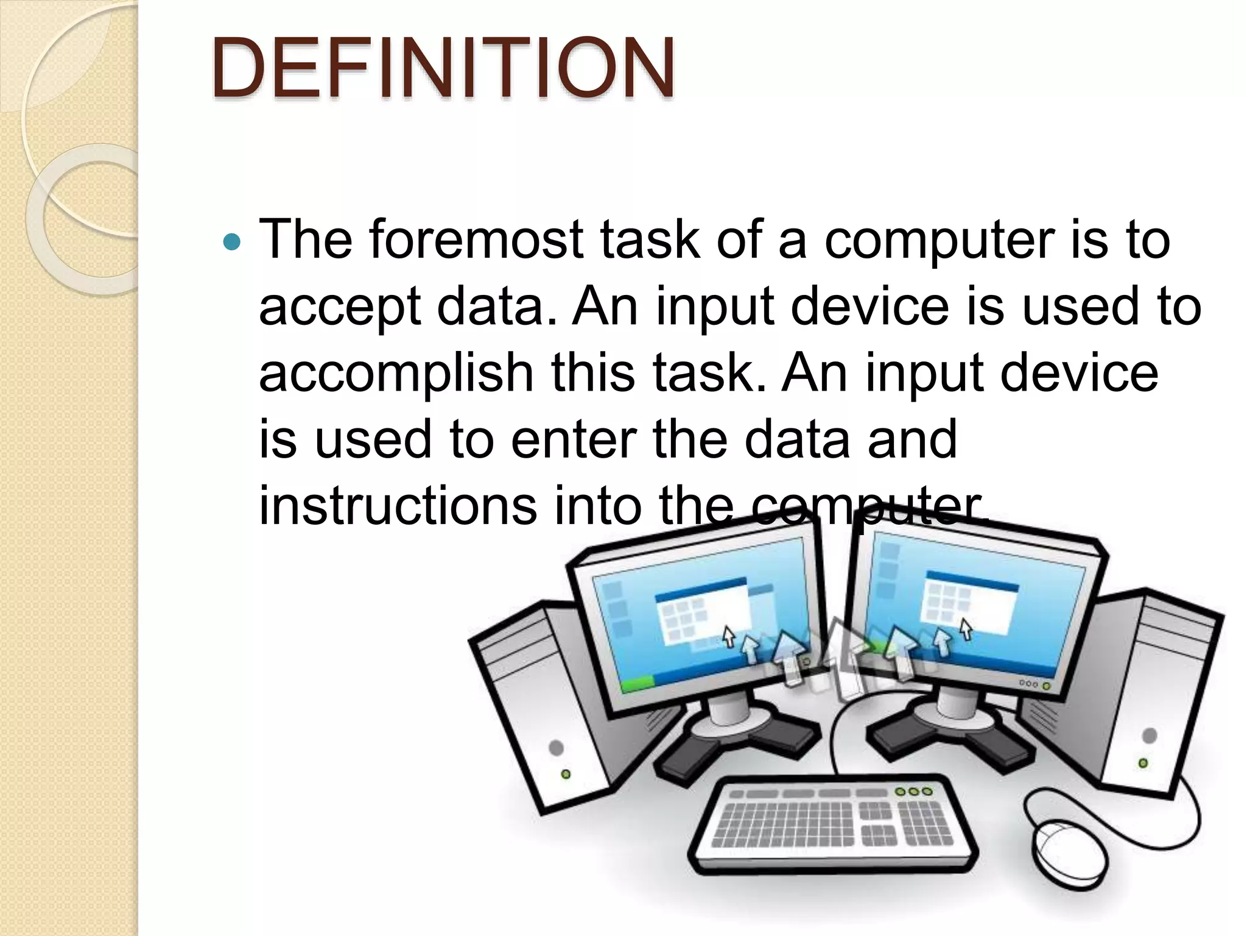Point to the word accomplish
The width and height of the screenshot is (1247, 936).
(396, 374)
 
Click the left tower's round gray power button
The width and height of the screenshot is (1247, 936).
(556, 747)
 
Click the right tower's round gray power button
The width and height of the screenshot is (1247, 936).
(1150, 736)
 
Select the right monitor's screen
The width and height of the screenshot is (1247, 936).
(968, 615)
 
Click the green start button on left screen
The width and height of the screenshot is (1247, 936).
(636, 684)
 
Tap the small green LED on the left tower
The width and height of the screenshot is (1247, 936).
(566, 774)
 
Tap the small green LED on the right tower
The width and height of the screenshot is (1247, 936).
(1143, 763)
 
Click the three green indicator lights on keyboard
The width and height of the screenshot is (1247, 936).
(913, 792)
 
